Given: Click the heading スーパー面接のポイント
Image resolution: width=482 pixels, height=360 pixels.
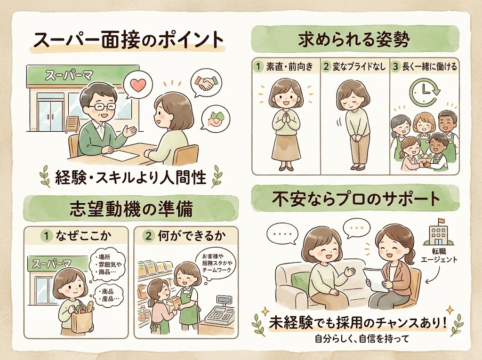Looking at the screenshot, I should point(127,41).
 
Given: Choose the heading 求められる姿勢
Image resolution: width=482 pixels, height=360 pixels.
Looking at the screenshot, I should point(354,40).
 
